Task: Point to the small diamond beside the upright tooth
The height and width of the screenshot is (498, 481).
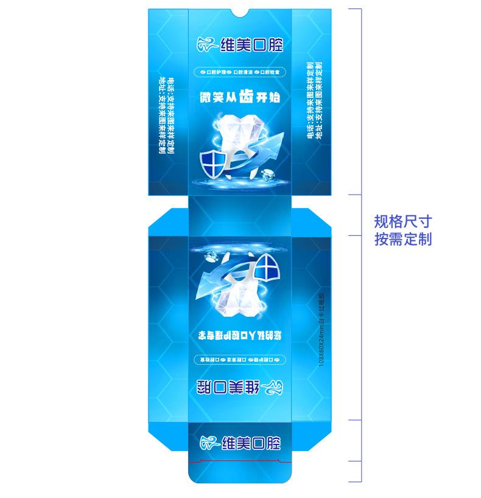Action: tap(266, 175)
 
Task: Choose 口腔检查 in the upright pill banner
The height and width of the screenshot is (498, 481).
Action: tap(270, 72)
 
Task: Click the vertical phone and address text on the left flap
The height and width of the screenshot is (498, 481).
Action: tap(166, 116)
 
